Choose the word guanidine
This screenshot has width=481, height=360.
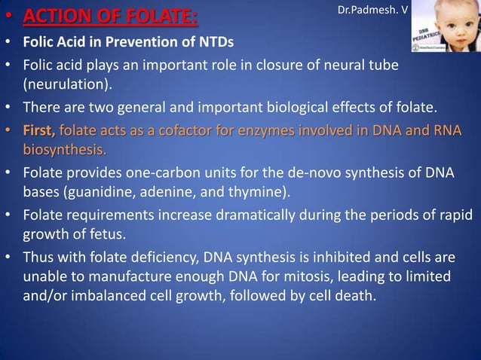point(97,191)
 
